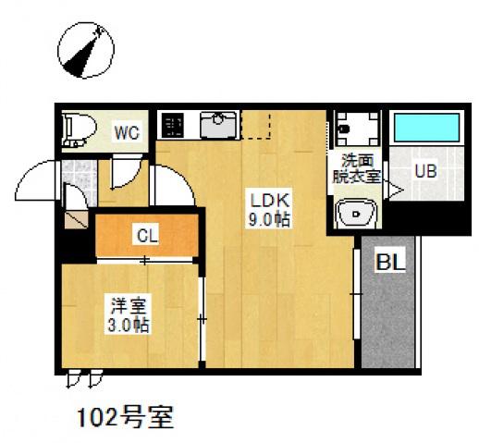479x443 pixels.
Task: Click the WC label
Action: tap(127, 132)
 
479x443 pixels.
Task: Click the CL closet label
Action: tap(147, 235)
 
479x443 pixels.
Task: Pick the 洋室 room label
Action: tap(126, 305)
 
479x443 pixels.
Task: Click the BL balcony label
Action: tap(389, 263)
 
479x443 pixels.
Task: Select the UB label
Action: tap(424, 171)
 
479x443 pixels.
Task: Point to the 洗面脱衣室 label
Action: tap(355, 169)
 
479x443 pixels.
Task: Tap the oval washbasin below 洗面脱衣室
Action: tap(354, 215)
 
